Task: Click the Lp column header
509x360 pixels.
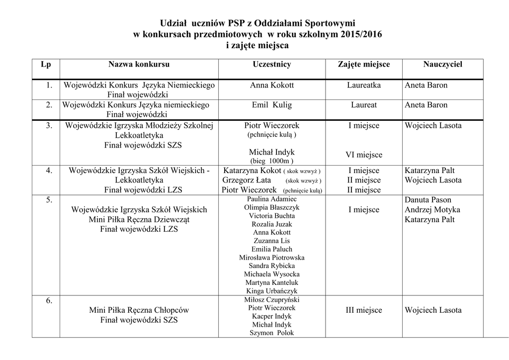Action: pyautogui.click(x=46, y=65)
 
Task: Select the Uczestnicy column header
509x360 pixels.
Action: pyautogui.click(x=272, y=65)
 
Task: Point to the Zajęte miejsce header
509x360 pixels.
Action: pyautogui.click(x=364, y=65)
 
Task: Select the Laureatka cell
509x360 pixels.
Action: pyautogui.click(x=364, y=85)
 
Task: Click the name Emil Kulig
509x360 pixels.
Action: pyautogui.click(x=272, y=105)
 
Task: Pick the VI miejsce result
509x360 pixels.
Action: pyautogui.click(x=364, y=155)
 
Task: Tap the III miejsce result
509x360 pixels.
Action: pyautogui.click(x=364, y=310)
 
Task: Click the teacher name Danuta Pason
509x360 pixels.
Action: pyautogui.click(x=428, y=200)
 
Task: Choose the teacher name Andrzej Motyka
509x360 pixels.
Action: pyautogui.click(x=432, y=210)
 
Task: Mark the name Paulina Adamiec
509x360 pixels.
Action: pyautogui.click(x=272, y=199)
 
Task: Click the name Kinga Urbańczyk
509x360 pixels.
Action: pyautogui.click(x=272, y=291)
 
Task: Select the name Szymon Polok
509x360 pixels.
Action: pyautogui.click(x=272, y=333)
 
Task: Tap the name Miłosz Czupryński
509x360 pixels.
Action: pyautogui.click(x=272, y=299)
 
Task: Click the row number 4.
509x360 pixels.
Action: pyautogui.click(x=49, y=171)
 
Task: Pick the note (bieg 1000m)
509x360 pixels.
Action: pyautogui.click(x=272, y=161)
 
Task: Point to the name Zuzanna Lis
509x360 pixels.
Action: pyautogui.click(x=272, y=241)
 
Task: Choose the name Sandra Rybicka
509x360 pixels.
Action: pyautogui.click(x=272, y=266)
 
